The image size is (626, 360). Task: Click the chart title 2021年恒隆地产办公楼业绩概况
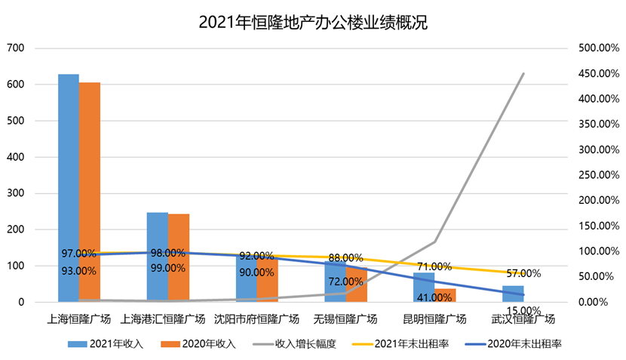313,23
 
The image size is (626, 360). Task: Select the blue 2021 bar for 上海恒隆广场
69,189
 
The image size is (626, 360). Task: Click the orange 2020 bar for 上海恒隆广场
90,192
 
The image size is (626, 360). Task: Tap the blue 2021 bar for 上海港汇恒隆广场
157,257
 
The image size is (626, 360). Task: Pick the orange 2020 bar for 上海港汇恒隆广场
179,258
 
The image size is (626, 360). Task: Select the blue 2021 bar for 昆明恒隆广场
423,288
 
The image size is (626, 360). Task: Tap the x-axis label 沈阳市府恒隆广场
256,318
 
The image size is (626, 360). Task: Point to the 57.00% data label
523,273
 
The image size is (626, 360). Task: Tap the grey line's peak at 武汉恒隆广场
523,74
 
